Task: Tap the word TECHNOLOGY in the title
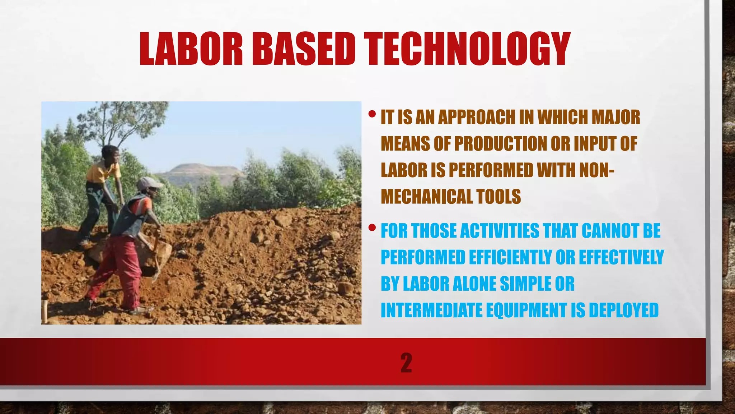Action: (x=467, y=49)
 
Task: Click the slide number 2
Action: (x=406, y=363)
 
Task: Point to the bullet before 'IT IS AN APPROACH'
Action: (x=372, y=115)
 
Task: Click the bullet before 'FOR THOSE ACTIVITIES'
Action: (x=372, y=227)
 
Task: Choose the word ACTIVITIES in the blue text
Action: (x=499, y=231)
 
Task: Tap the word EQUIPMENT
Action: (x=526, y=310)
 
